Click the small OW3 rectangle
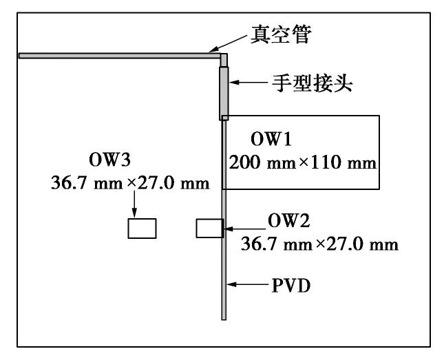(x=142, y=228)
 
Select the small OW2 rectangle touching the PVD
(x=209, y=228)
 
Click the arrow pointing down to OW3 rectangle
(x=136, y=202)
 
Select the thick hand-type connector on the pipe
(x=224, y=93)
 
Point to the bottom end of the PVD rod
(x=224, y=317)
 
